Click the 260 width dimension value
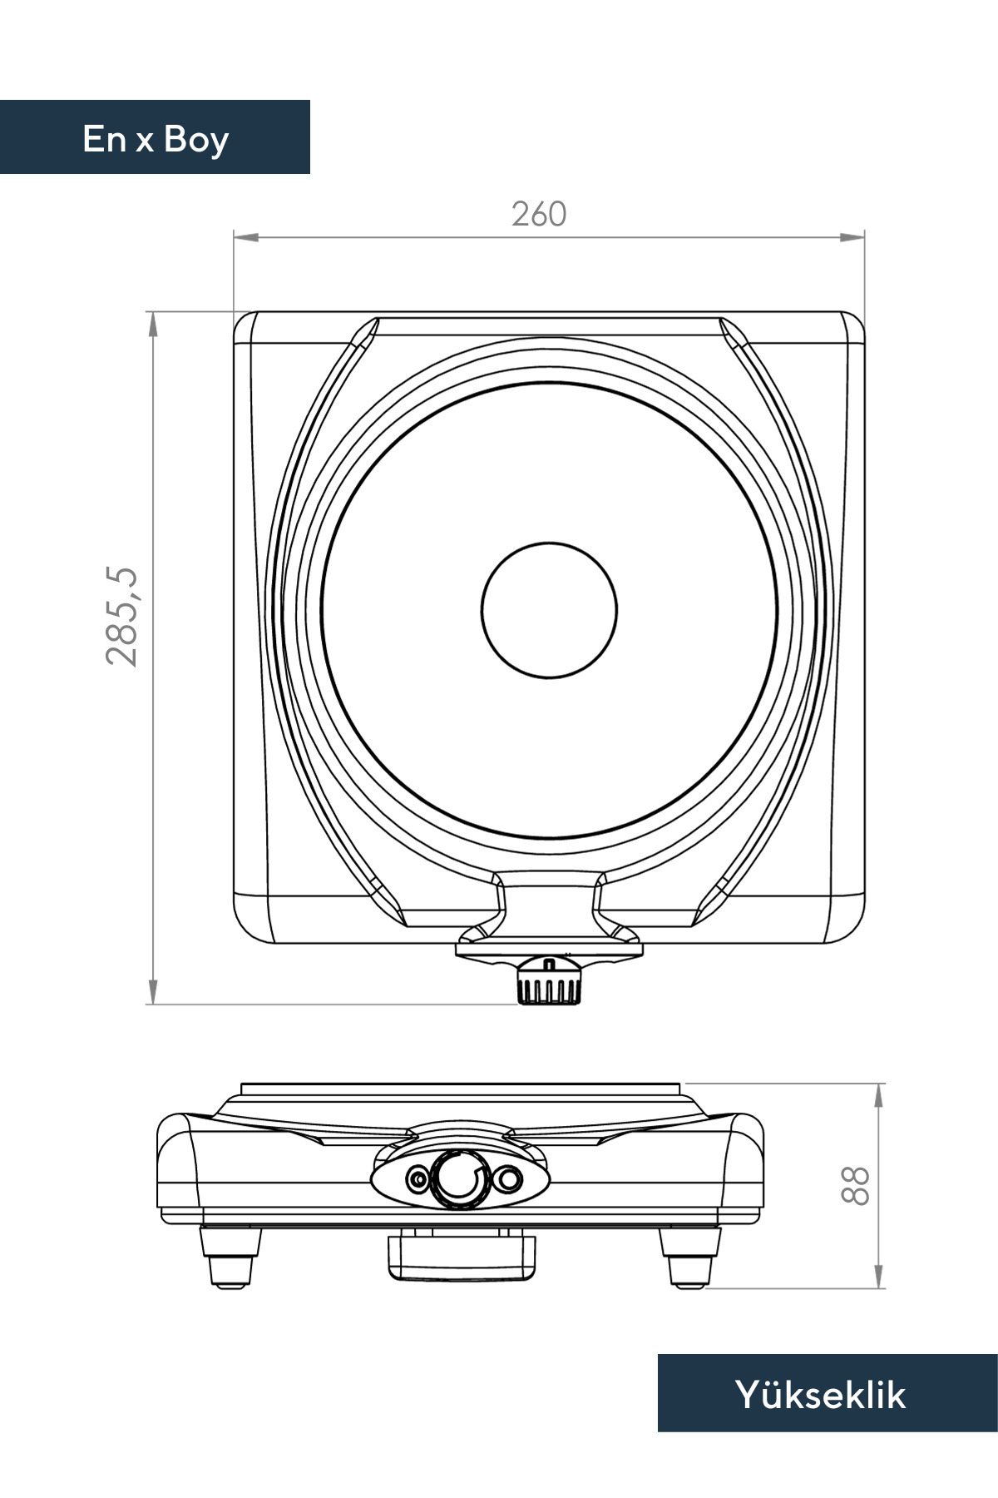pyautogui.click(x=539, y=215)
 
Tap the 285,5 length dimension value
pyautogui.click(x=122, y=616)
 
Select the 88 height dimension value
pyautogui.click(x=855, y=1185)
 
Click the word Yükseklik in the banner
pyautogui.click(x=820, y=1395)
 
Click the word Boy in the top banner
pyautogui.click(x=196, y=140)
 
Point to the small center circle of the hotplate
pyautogui.click(x=549, y=609)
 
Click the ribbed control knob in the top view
pyautogui.click(x=548, y=982)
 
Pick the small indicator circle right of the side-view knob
pyautogui.click(x=509, y=1178)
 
